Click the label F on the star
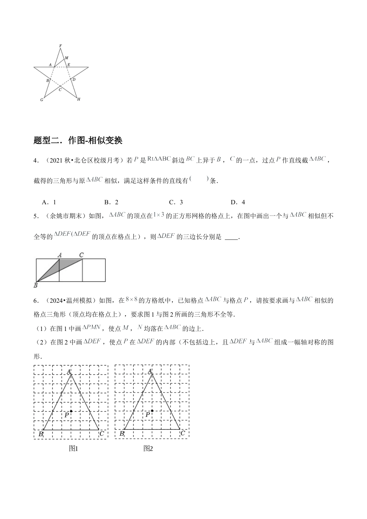point(60,46)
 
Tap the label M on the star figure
point(66,58)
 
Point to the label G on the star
point(42,100)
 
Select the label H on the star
point(79,99)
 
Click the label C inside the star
point(60,90)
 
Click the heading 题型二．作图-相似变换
point(78,141)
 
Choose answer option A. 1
point(49,202)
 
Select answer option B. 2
point(111,202)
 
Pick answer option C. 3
point(176,202)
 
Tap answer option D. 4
point(238,202)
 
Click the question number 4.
point(35,161)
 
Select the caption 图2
point(148,448)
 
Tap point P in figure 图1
point(71,411)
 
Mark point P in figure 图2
point(152,411)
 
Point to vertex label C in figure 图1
point(101,434)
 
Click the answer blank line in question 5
point(231,238)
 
